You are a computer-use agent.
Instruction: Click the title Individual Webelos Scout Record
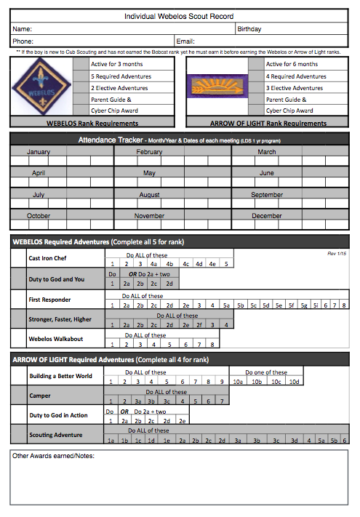(x=179, y=16)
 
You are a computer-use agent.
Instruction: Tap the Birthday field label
(x=249, y=29)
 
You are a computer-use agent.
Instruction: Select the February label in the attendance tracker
(x=149, y=152)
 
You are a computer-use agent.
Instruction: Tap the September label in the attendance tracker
(x=267, y=195)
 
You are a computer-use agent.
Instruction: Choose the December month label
(x=267, y=216)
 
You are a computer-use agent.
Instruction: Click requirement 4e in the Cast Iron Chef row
(x=212, y=264)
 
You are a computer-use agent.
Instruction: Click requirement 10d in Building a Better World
(x=294, y=381)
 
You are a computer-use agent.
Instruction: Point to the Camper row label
(x=39, y=396)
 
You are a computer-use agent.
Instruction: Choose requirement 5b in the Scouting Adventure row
(x=333, y=441)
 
